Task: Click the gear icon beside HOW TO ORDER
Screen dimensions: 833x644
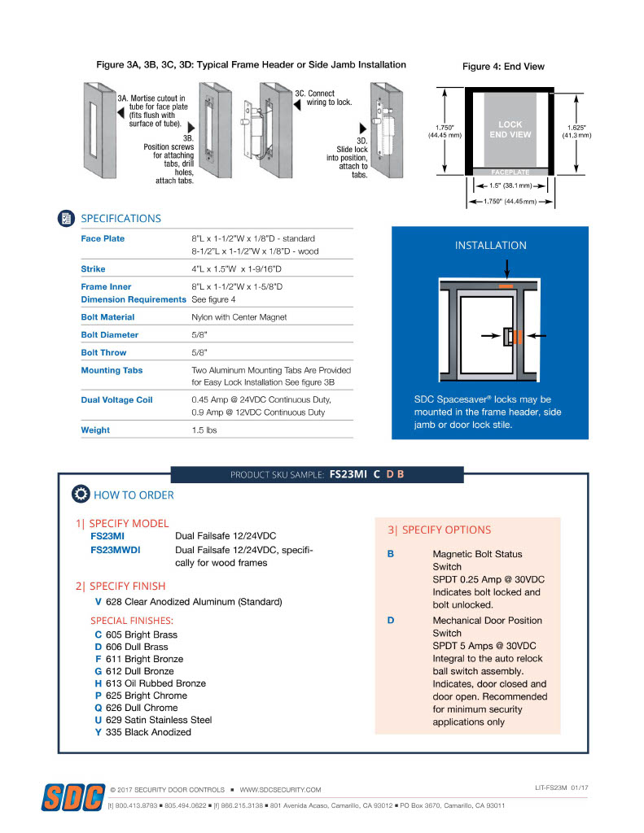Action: tap(81, 494)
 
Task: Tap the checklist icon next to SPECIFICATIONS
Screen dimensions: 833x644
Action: tap(67, 218)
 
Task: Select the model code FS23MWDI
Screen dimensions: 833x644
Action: tap(115, 550)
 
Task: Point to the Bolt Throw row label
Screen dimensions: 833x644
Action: tap(103, 352)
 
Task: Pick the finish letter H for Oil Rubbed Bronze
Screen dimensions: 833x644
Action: tap(99, 683)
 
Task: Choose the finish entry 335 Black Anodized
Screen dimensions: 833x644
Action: tap(148, 732)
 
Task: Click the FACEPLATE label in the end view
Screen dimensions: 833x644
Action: tap(510, 172)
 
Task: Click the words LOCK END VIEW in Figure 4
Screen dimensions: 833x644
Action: tap(510, 130)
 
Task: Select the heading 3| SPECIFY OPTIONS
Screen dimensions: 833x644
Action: tap(439, 530)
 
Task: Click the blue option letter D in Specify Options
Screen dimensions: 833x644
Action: tap(391, 621)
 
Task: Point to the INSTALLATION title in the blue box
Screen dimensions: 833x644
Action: tap(490, 245)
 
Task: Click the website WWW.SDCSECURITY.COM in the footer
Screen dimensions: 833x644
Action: tap(280, 790)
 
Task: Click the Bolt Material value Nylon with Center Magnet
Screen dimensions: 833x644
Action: tap(239, 317)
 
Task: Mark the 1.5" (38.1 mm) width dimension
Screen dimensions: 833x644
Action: tap(510, 185)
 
